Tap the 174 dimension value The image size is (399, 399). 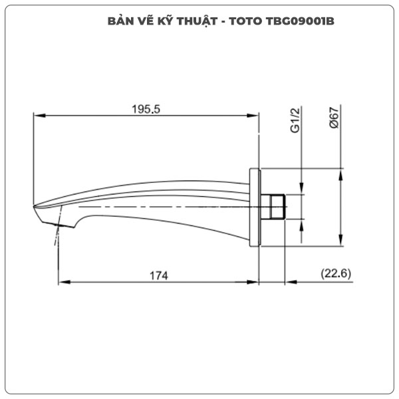click(158, 275)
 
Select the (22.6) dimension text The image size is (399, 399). click(336, 273)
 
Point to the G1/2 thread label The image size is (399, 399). click(296, 121)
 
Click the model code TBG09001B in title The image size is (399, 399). click(296, 21)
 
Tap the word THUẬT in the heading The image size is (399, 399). click(197, 21)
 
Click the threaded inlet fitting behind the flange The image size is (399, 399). click(275, 207)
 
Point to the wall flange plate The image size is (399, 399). click(255, 207)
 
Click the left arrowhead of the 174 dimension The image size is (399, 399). click(63, 282)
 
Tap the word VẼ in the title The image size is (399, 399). click(145, 21)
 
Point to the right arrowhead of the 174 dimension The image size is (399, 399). click(255, 282)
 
